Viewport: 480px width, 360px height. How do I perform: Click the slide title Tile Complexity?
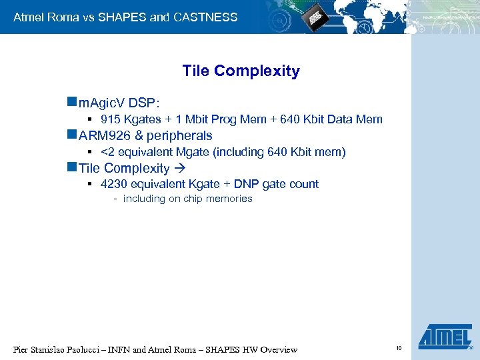241,71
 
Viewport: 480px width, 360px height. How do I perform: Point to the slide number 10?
399,348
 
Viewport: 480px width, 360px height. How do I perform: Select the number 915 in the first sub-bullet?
111,119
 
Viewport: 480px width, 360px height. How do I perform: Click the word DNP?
245,184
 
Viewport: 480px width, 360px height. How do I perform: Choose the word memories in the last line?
229,199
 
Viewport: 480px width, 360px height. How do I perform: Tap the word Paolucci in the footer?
87,350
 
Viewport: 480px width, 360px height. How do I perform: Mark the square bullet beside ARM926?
71,135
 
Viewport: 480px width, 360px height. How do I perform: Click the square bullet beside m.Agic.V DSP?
71,103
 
